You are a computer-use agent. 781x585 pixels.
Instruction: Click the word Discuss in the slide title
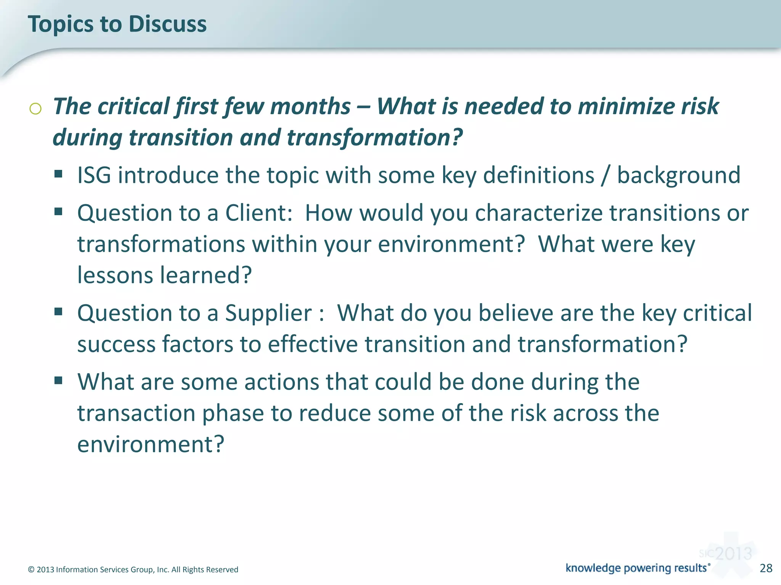[167, 24]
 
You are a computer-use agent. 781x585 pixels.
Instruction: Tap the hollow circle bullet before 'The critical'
[35, 109]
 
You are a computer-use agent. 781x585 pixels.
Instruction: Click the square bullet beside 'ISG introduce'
[58, 174]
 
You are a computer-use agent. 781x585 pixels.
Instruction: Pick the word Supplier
[268, 313]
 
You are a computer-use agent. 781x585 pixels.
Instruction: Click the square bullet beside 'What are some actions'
[58, 380]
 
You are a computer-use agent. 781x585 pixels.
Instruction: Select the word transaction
[136, 414]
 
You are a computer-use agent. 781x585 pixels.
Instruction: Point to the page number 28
[766, 568]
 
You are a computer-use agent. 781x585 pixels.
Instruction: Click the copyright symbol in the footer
[31, 570]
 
